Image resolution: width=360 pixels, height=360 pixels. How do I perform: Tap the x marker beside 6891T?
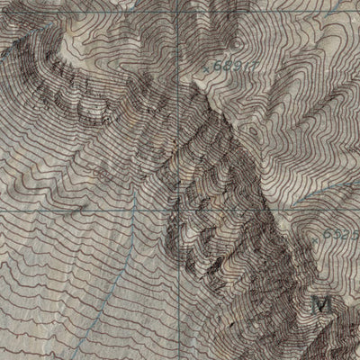pyautogui.click(x=208, y=68)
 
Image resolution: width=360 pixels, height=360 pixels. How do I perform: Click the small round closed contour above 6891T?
pyautogui.click(x=237, y=41)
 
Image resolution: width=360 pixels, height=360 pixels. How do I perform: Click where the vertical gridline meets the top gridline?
pyautogui.click(x=178, y=10)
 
